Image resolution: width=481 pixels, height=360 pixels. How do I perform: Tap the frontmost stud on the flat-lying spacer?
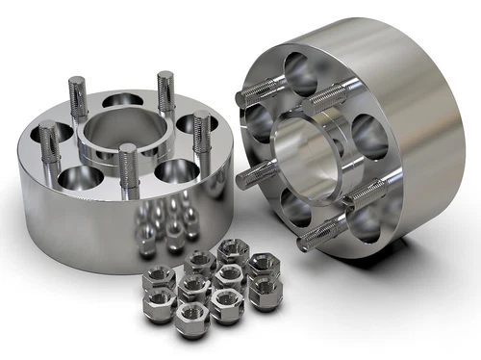coord(128,169)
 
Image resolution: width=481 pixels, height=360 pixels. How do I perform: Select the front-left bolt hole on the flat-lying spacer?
coord(81,177)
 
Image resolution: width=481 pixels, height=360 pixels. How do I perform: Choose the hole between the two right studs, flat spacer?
coord(189,122)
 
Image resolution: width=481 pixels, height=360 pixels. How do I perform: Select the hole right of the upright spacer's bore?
coord(369,139)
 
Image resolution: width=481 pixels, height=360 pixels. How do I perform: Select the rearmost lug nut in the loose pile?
coord(234,253)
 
